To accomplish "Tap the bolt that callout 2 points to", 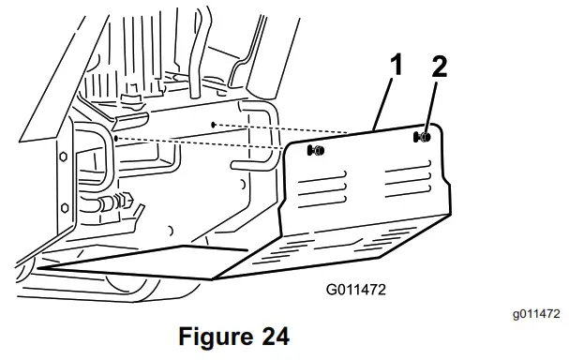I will pos(425,137).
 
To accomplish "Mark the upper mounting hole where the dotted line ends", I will pos(215,123).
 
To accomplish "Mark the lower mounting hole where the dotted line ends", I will pos(115,138).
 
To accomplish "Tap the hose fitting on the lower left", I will pos(112,200).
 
